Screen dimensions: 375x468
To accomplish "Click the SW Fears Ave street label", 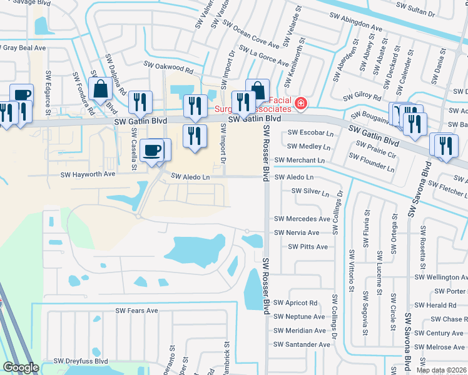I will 137,311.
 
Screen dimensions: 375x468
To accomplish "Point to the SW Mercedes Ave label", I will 302,219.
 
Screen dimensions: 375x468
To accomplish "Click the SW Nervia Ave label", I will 297,232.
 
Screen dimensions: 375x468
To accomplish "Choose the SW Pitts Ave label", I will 308,247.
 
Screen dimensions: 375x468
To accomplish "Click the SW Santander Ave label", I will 302,344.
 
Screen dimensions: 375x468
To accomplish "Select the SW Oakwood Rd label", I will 169,66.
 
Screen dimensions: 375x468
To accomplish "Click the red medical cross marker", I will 301,103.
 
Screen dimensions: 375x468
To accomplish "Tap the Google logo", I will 21,367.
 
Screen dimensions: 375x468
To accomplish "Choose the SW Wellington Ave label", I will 441,277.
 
